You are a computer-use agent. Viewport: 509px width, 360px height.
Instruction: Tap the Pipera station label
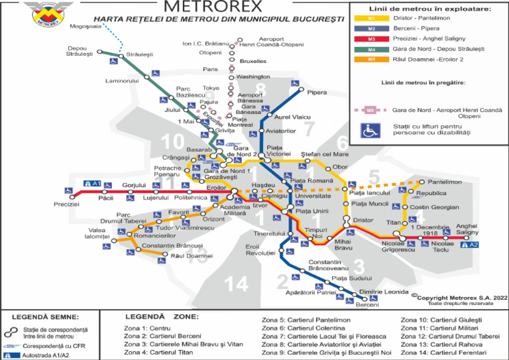pos(317,92)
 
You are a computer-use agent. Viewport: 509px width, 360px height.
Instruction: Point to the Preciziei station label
pos(66,204)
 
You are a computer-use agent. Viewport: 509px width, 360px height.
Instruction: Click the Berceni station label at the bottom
pos(367,305)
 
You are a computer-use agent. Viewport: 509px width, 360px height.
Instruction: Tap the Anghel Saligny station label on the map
pos(467,229)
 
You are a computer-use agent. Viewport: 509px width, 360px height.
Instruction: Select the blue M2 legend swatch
pos(372,30)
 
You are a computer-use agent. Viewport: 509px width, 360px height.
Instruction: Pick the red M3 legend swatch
pos(372,40)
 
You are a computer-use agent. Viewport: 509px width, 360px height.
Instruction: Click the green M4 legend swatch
pos(372,50)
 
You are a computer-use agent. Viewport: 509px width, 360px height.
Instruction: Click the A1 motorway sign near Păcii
pos(92,183)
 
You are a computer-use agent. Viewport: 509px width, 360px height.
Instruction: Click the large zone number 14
pos(236,284)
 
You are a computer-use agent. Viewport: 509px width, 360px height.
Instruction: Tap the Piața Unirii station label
pos(311,211)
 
